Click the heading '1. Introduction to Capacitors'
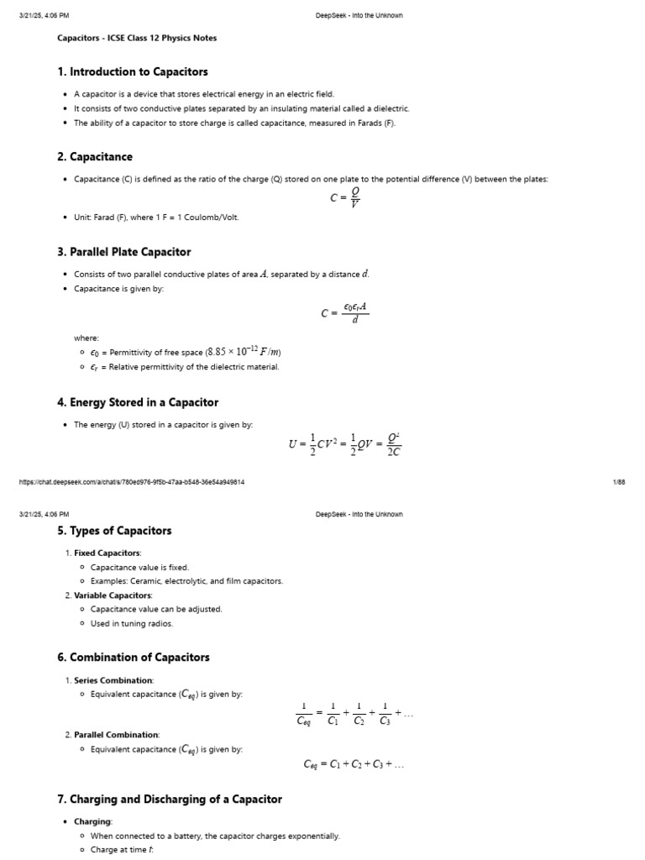[133, 72]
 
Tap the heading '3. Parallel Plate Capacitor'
[123, 252]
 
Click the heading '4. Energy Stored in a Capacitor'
[138, 402]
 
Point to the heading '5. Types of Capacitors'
[114, 531]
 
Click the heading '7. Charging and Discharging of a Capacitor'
[169, 800]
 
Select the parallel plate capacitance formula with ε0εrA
[345, 312]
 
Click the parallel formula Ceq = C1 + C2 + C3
[354, 765]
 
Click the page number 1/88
[620, 481]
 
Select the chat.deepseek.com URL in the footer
[132, 481]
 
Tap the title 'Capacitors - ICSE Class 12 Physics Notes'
[137, 38]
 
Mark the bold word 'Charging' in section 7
[92, 822]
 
